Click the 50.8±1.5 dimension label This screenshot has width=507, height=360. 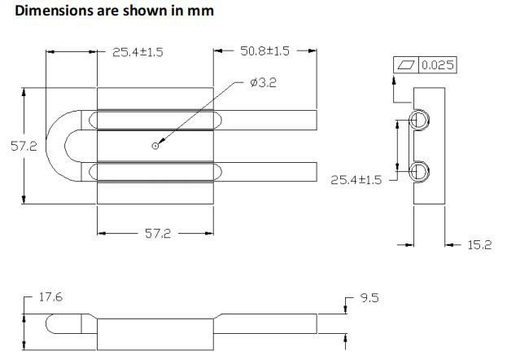pyautogui.click(x=264, y=51)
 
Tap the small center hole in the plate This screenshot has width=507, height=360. pyautogui.click(x=155, y=146)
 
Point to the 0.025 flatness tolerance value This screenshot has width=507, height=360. pyautogui.click(x=437, y=65)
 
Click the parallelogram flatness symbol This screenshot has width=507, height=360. pyautogui.click(x=406, y=65)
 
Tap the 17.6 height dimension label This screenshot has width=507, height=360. pyautogui.click(x=50, y=298)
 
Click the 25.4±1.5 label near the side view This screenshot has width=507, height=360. pyautogui.click(x=356, y=179)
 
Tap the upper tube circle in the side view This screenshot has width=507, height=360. pyautogui.click(x=420, y=121)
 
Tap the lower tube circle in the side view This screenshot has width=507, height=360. pyautogui.click(x=420, y=171)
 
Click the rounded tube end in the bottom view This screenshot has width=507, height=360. pyautogui.click(x=51, y=323)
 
